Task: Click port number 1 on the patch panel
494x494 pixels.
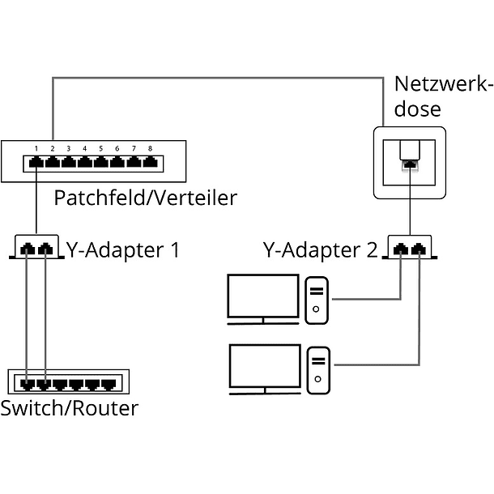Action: coord(36,163)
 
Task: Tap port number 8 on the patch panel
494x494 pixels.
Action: coord(151,163)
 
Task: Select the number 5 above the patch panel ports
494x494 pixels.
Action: coord(101,149)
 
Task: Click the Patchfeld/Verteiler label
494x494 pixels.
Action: coord(145,198)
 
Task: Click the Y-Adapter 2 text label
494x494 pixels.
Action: coord(320,249)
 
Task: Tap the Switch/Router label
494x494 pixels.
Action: coord(69,407)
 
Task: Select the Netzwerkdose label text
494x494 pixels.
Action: coord(442,96)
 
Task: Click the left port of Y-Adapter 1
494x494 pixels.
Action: coord(28,248)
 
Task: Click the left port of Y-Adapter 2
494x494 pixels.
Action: coord(402,248)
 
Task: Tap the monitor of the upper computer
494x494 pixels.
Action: coord(262,297)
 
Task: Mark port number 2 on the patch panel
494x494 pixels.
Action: coord(53,163)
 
